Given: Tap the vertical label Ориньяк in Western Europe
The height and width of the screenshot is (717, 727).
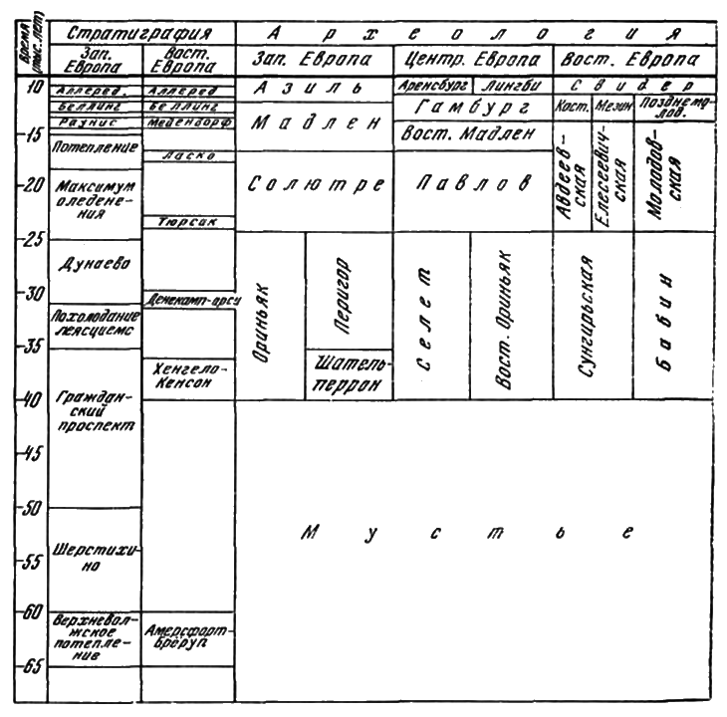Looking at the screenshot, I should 267,316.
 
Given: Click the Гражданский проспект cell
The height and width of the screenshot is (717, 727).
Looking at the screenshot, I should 93,419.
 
